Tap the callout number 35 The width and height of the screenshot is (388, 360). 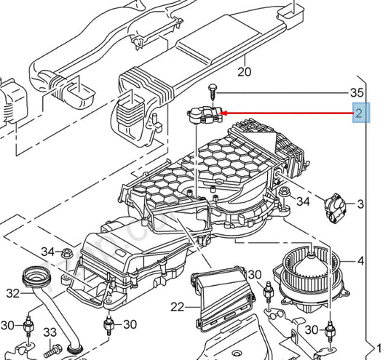pos(356,93)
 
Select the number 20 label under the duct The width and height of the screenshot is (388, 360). pos(244,71)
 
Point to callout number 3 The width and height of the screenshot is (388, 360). pos(360,207)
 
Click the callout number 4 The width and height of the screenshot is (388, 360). pos(360,260)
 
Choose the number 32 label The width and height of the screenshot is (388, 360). pos(11,295)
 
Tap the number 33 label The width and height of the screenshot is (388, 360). pos(50,332)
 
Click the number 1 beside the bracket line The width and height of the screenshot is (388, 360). pos(377,348)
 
